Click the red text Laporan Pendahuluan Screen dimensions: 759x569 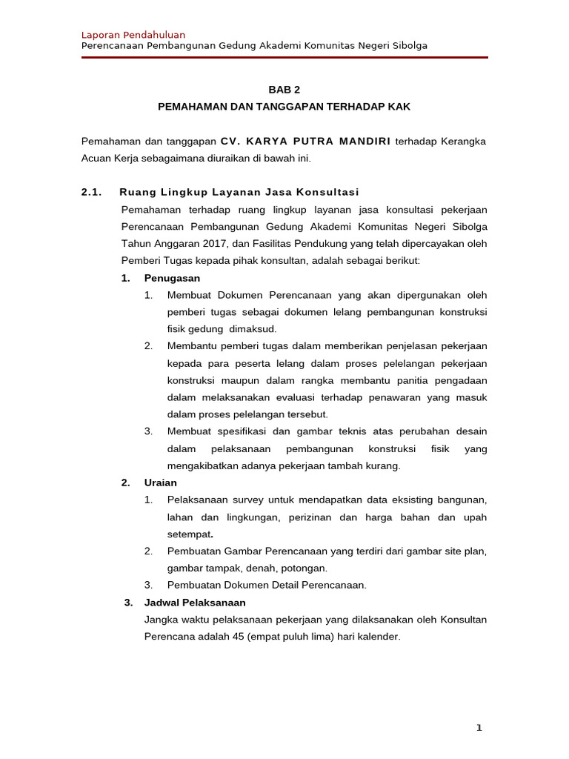coord(133,35)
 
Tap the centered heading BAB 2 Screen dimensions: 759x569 coord(284,90)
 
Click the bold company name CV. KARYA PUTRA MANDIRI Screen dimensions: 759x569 coord(305,141)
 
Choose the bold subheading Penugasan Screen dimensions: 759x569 coord(172,278)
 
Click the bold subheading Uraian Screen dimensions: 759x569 coord(161,483)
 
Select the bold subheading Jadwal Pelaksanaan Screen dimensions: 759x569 coord(195,603)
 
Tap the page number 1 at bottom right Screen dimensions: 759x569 coord(479,728)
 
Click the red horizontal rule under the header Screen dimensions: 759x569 coord(284,57)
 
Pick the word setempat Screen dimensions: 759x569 coord(189,534)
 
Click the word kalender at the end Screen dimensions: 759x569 coord(379,637)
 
